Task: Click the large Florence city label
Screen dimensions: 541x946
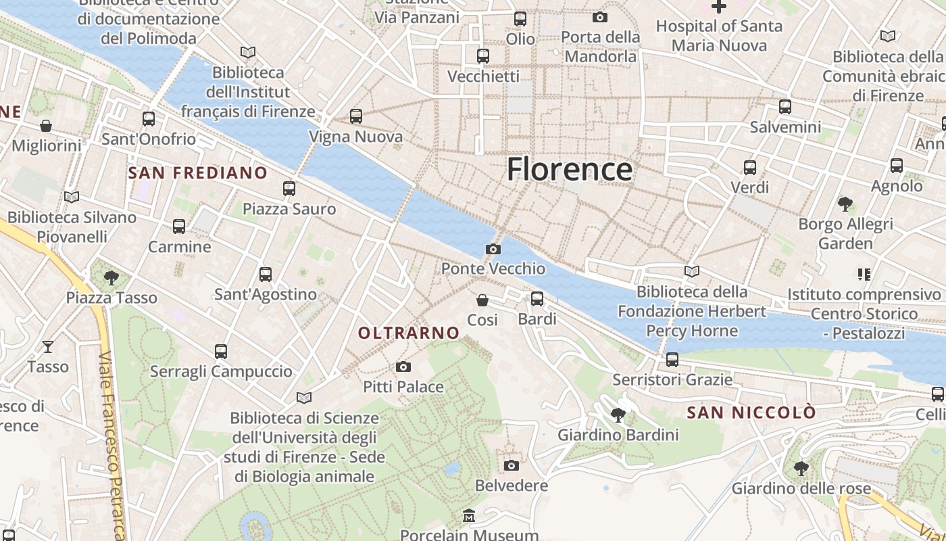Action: click(570, 169)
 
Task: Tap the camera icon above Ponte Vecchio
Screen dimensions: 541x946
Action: click(493, 249)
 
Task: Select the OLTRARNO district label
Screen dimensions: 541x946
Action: click(409, 333)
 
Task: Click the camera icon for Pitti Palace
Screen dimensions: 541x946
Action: click(403, 367)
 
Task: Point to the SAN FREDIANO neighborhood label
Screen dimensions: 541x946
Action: click(198, 172)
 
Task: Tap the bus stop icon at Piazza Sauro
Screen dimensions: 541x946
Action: click(289, 189)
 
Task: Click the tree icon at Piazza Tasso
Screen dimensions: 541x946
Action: click(111, 277)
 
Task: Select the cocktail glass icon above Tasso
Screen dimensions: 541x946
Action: click(48, 347)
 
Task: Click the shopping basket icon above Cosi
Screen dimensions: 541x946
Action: click(482, 300)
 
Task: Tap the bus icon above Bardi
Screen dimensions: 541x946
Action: click(537, 298)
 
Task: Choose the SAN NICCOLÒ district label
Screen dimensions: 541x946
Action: click(751, 413)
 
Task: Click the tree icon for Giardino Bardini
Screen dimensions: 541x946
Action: click(618, 415)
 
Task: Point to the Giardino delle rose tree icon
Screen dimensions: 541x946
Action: click(801, 468)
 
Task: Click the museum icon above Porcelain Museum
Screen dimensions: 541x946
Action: click(469, 516)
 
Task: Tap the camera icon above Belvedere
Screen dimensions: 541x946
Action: click(512, 465)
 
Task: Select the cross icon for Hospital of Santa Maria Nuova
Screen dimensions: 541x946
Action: click(719, 7)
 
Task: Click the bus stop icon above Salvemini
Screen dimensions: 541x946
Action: click(785, 107)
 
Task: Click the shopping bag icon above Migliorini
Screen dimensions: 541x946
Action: click(46, 126)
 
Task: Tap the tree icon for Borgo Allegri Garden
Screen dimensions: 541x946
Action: click(845, 204)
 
